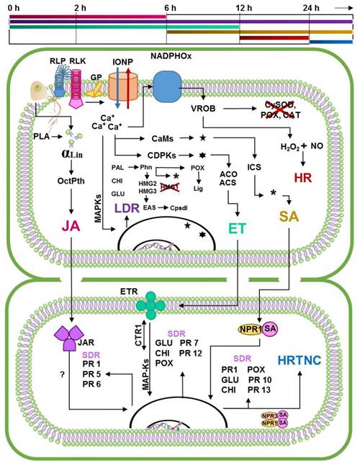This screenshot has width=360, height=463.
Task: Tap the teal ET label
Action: tap(237, 228)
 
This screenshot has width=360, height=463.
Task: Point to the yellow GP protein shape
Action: tap(95, 89)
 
